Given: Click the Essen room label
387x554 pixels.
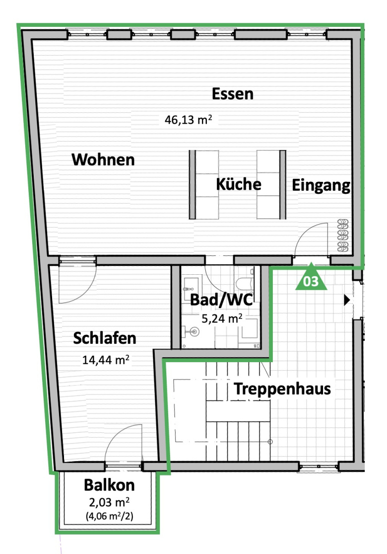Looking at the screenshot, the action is tap(233, 94).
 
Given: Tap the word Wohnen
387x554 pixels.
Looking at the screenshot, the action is tap(103, 159).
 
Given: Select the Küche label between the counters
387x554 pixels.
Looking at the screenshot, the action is tap(239, 184).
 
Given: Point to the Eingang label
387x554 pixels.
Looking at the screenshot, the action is tap(321, 185).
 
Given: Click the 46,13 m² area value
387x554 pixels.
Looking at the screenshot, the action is tap(189, 119).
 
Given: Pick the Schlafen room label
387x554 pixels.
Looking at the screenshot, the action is tap(104, 338).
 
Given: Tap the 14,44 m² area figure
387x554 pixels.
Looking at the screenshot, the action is tap(106, 360).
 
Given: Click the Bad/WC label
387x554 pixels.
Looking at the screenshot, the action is tap(222, 300).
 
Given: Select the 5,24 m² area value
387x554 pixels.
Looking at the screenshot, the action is tap(222, 318).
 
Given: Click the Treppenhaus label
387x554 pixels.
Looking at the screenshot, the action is tap(282, 389).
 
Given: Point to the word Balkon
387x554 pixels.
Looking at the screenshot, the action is tap(109, 485).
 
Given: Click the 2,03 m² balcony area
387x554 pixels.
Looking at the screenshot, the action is tap(109, 502).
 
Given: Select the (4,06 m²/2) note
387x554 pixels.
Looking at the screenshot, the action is tap(109, 516).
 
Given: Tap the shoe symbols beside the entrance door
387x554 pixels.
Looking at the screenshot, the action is tap(343, 236).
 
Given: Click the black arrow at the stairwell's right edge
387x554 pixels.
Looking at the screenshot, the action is tap(347, 300).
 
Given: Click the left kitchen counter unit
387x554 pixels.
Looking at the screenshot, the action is tap(204, 185).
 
